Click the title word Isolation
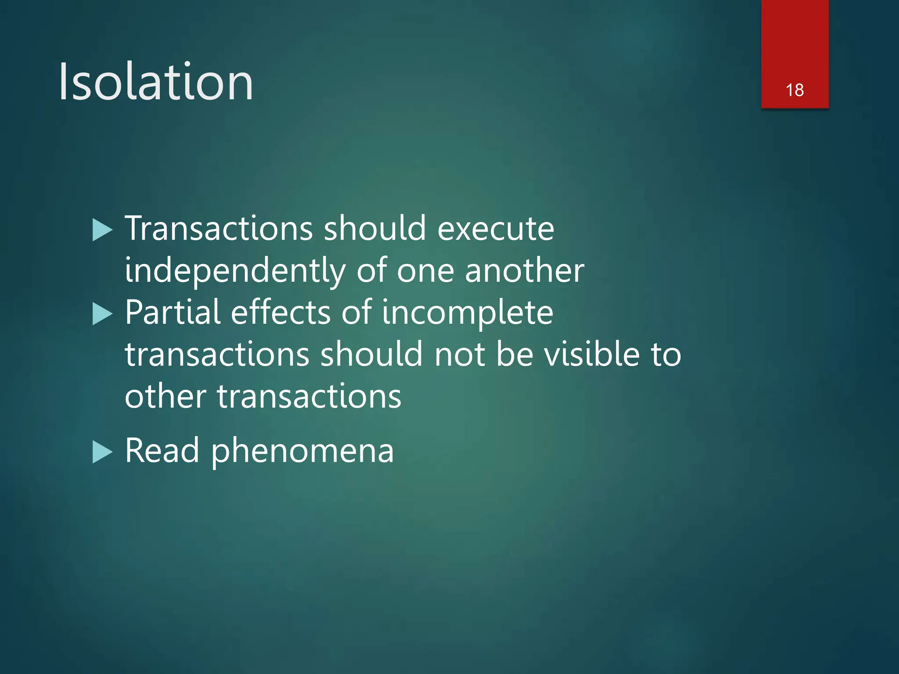156,82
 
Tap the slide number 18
795,90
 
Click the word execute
496,229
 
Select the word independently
235,271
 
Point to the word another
524,271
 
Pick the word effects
280,312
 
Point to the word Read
162,451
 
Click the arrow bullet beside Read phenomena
103,452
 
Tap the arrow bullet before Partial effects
103,314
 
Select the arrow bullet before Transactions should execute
103,230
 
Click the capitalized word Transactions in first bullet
219,229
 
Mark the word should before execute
375,229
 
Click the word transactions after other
309,396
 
